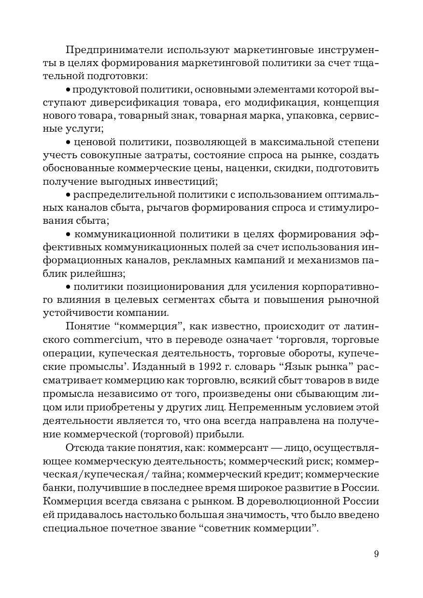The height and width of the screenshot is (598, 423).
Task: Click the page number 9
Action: coord(376,554)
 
